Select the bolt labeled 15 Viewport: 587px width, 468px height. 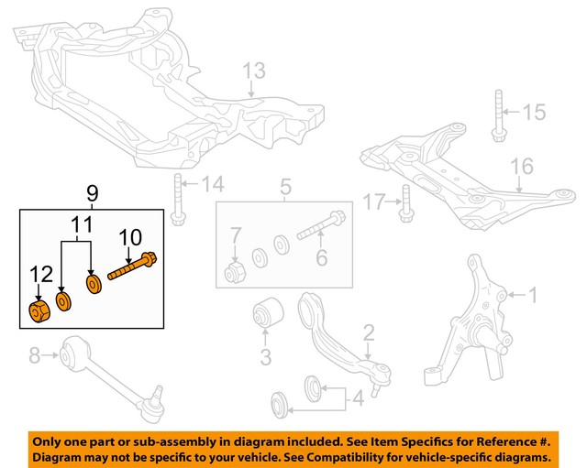pos(497,116)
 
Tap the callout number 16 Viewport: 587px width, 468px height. pos(521,166)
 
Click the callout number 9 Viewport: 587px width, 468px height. pos(92,193)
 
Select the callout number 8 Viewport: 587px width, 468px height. pos(35,354)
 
